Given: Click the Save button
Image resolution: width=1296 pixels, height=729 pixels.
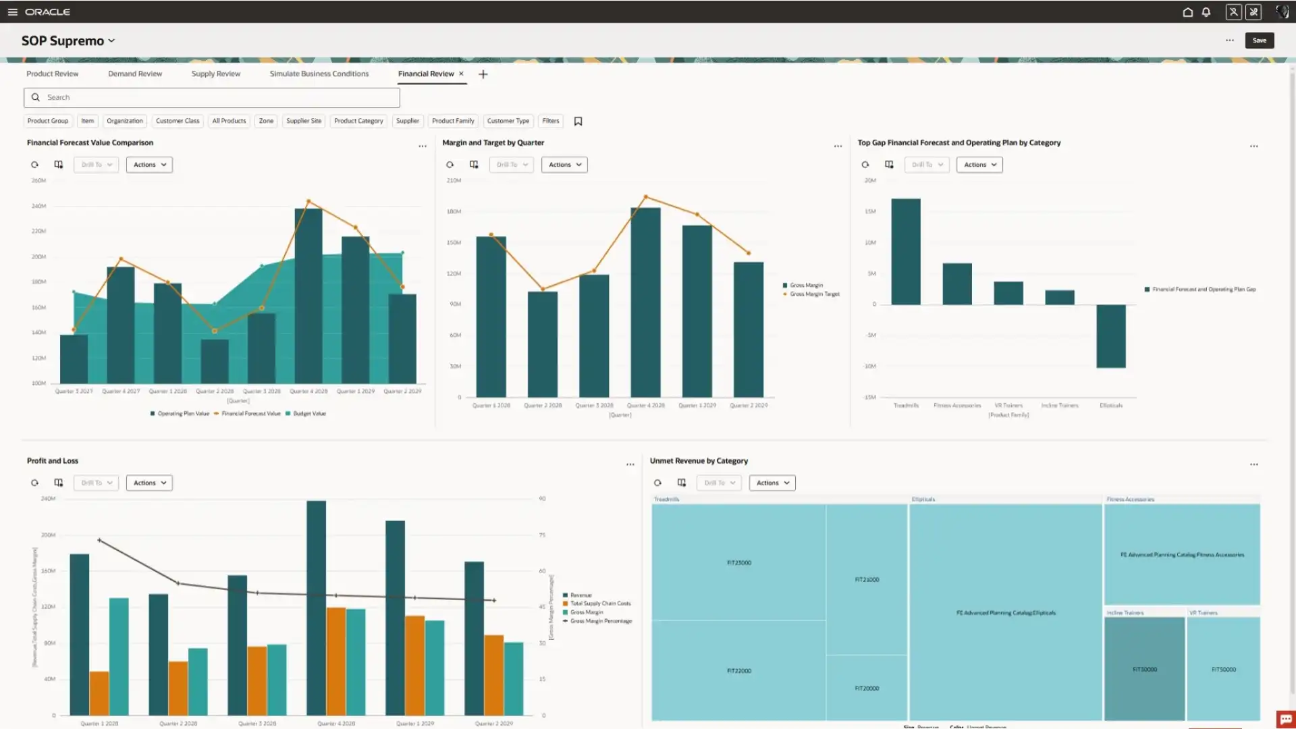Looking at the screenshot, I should (x=1259, y=40).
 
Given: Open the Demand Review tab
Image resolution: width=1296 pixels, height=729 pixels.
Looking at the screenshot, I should (x=135, y=74).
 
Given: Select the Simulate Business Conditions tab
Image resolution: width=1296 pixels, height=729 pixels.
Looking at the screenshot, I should (x=319, y=74).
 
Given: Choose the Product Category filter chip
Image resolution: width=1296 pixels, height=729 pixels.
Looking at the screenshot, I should (x=358, y=121).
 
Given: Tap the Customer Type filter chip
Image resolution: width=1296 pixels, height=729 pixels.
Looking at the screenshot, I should (x=508, y=121).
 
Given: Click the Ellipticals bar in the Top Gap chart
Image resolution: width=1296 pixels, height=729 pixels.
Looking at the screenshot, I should (x=1111, y=336).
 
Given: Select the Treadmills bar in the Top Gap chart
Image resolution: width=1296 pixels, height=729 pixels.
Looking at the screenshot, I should (x=906, y=252).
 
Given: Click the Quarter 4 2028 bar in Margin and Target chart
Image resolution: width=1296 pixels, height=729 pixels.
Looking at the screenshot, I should (x=645, y=302).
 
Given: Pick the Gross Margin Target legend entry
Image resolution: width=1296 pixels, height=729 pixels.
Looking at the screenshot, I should (x=815, y=294).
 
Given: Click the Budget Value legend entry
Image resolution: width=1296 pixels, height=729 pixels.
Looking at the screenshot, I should (x=309, y=414).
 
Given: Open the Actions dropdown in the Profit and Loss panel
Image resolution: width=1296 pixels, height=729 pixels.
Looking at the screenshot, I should (x=149, y=483).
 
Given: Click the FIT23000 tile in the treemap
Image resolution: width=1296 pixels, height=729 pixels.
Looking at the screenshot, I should (x=738, y=562).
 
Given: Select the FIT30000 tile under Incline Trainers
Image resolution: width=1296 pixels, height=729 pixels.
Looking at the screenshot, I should (x=1145, y=669).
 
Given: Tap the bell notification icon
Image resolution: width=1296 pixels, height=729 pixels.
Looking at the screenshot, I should (x=1206, y=12).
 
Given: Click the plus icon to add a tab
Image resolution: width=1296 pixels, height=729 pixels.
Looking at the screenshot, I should (x=483, y=74).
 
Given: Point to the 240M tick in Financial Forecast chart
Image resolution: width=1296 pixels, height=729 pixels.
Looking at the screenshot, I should (x=38, y=206).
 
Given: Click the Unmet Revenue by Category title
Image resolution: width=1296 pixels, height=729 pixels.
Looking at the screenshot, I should (x=699, y=461).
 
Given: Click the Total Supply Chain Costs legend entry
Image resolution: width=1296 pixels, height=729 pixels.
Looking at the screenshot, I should (x=600, y=603).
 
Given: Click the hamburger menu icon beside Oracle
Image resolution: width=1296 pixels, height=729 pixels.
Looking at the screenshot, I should (x=12, y=12).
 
